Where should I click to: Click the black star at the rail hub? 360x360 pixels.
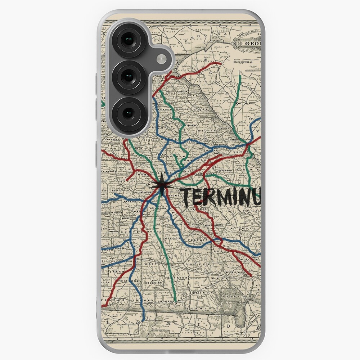[161, 185]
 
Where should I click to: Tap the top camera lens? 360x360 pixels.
[128, 40]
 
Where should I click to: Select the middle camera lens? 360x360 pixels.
[128, 77]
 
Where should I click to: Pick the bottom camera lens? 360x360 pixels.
[128, 113]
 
